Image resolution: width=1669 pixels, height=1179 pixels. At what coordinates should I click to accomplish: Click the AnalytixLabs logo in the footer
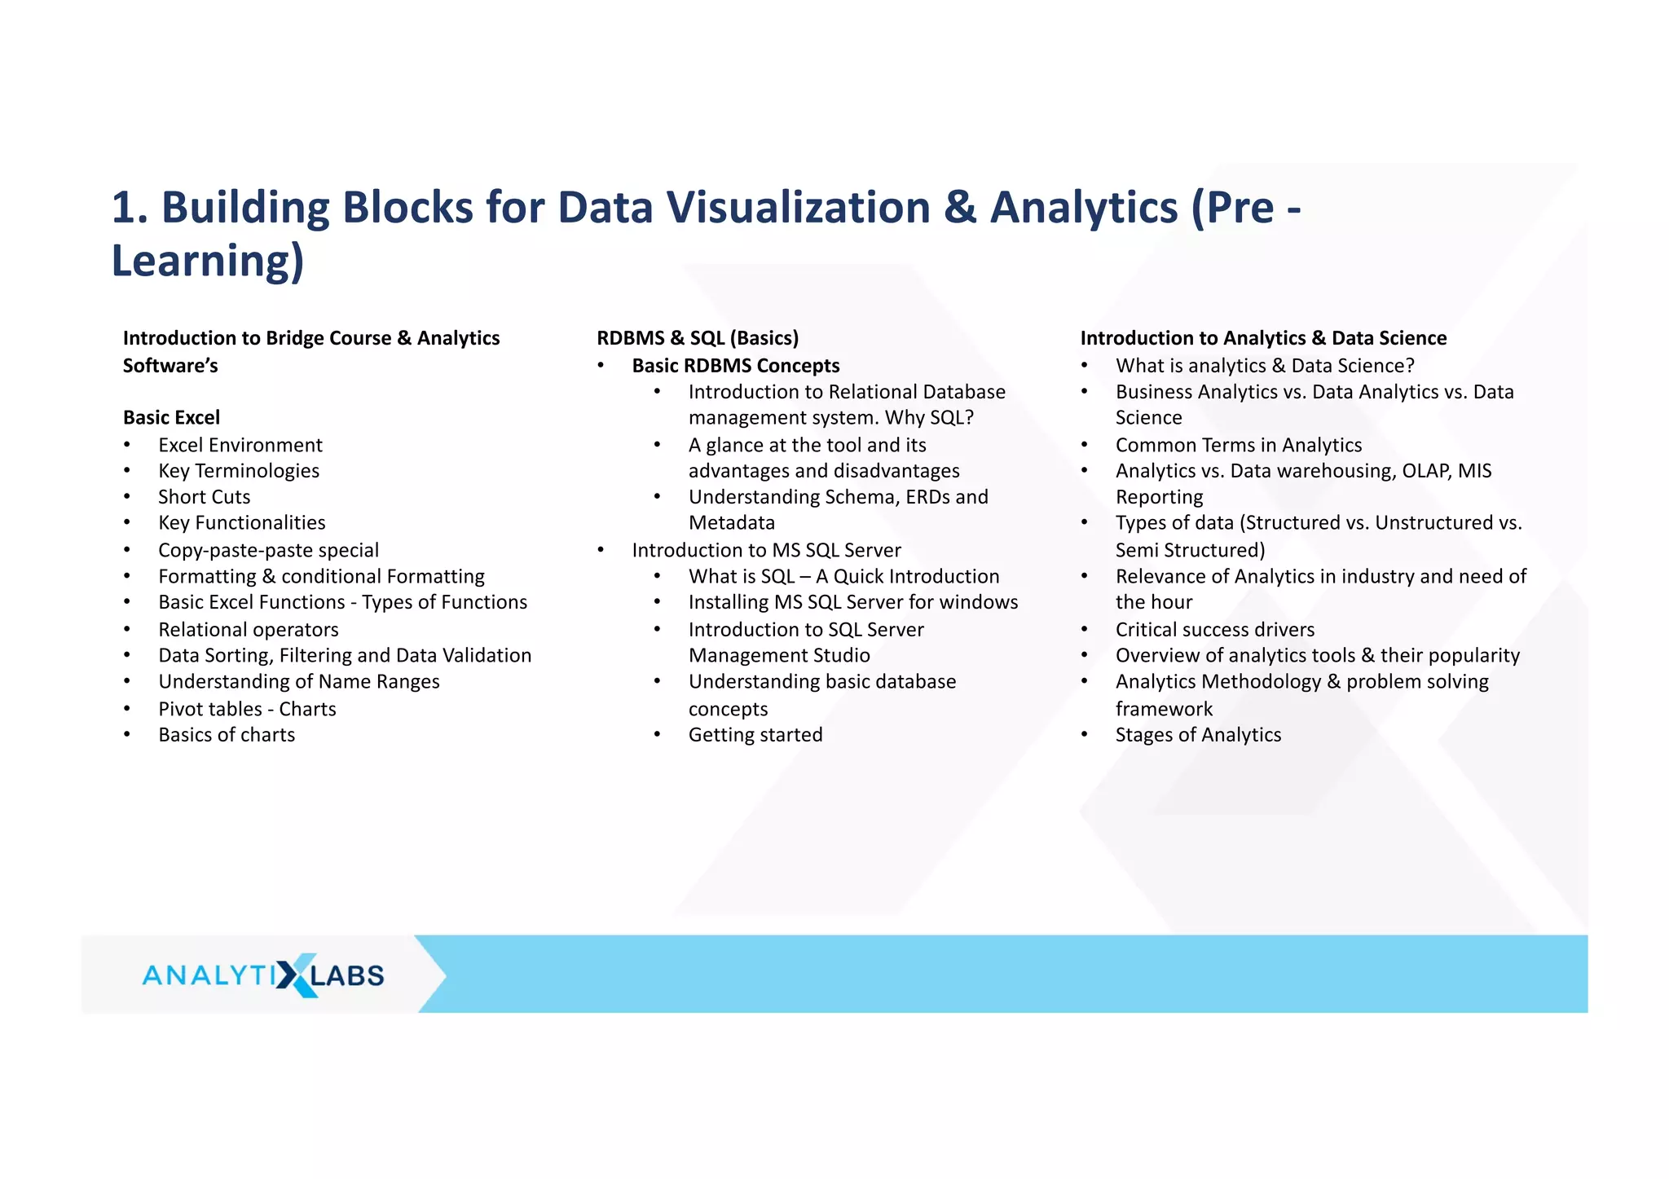(x=262, y=974)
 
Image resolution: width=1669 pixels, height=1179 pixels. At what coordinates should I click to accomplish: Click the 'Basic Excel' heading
(x=171, y=418)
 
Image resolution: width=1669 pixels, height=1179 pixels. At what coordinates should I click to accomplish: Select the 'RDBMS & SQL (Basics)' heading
(x=698, y=338)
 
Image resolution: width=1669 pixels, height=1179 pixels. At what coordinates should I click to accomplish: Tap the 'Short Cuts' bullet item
(x=204, y=497)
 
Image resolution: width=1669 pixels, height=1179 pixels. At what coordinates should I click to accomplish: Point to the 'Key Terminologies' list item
(x=238, y=471)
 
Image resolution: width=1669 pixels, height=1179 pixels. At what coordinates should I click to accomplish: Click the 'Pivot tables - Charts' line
(x=247, y=709)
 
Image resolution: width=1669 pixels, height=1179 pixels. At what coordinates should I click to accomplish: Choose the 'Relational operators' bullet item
(x=248, y=630)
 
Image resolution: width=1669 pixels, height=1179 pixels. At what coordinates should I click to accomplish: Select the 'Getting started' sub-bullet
(x=755, y=735)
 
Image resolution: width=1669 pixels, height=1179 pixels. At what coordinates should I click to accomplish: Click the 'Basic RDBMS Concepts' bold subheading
(x=735, y=366)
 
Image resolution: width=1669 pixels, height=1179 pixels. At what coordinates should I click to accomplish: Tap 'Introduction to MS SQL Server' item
(x=766, y=550)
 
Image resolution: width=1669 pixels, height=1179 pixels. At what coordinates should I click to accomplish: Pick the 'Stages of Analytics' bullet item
(x=1198, y=735)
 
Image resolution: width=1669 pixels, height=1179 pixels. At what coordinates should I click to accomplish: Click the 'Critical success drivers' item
(x=1214, y=630)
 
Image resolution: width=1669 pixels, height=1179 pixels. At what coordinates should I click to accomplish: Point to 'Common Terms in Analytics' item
(x=1238, y=445)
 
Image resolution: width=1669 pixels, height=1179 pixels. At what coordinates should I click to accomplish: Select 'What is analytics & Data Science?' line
(x=1265, y=366)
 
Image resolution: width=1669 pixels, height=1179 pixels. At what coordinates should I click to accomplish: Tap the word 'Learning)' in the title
(x=208, y=261)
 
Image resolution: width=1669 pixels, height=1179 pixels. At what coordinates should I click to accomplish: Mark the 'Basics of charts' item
(x=227, y=735)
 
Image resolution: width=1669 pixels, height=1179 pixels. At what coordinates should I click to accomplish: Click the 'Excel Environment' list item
(x=240, y=445)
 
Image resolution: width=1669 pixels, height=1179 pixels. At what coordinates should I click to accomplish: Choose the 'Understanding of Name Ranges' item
(x=298, y=682)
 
